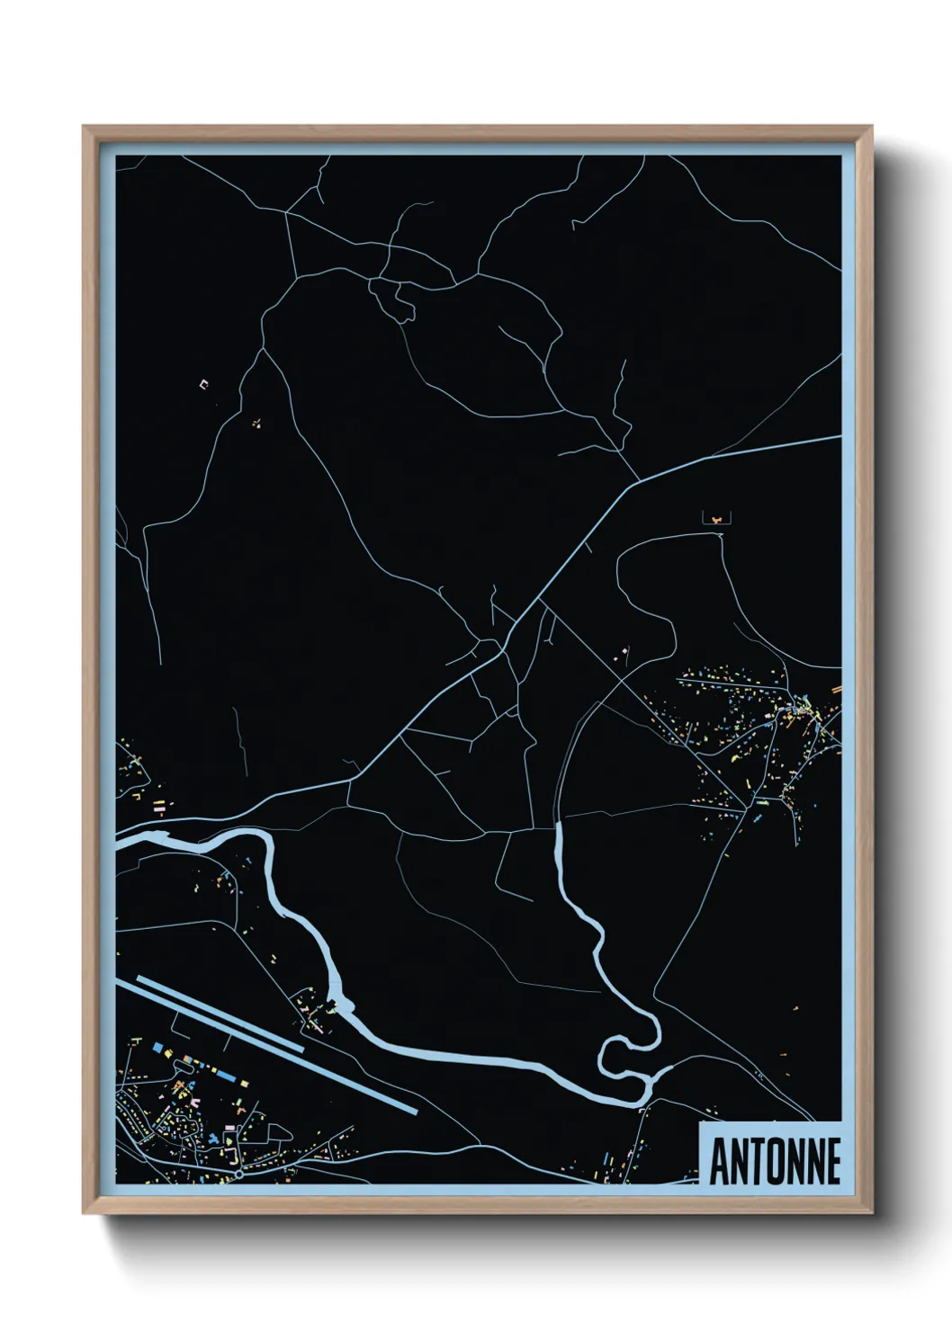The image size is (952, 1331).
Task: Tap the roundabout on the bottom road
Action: click(239, 1174)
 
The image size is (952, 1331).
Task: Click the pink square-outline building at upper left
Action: click(203, 384)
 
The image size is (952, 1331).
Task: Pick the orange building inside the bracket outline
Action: click(716, 519)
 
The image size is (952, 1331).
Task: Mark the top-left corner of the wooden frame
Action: click(85, 128)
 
